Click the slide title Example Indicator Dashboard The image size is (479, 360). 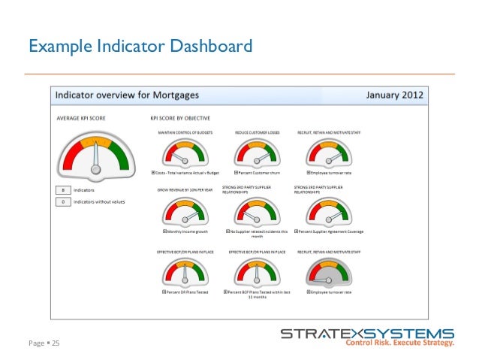(x=139, y=48)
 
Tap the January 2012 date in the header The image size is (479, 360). (x=394, y=95)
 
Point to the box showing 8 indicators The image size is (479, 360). (x=65, y=190)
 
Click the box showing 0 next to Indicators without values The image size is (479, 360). (x=65, y=201)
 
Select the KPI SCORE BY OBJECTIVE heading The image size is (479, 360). (x=179, y=118)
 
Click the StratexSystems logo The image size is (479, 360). (x=366, y=333)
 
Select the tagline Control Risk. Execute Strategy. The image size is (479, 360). (x=399, y=343)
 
